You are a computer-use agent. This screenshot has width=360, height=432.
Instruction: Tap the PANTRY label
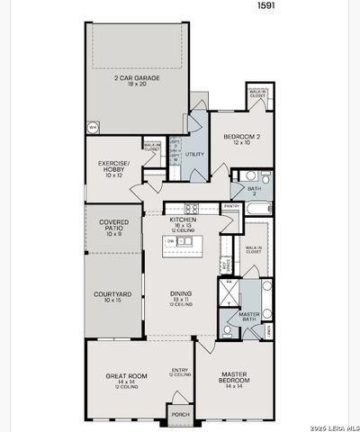(x=231, y=205)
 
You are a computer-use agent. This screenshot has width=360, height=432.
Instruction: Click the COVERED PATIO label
(x=113, y=225)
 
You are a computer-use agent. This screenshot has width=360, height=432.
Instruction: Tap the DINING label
(x=182, y=294)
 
